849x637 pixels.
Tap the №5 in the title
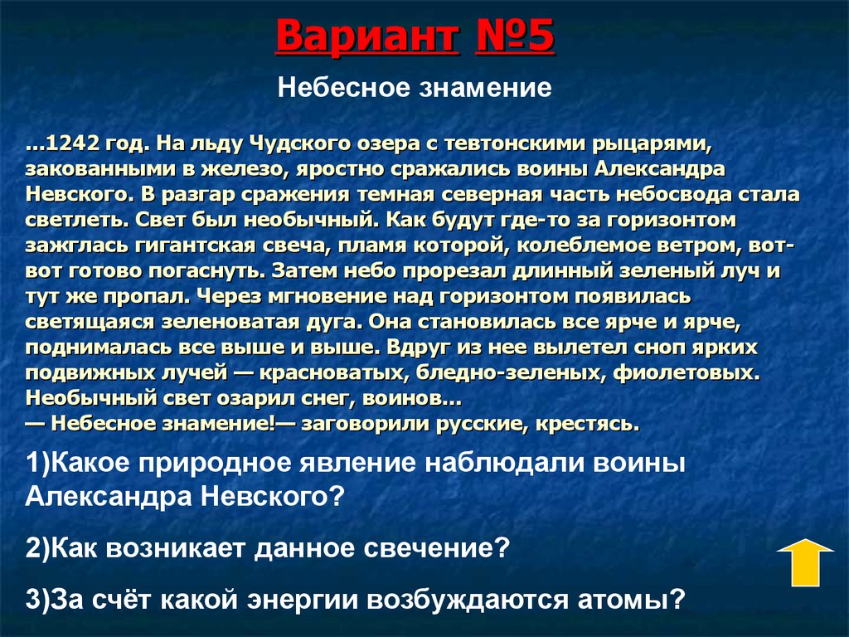pyautogui.click(x=515, y=38)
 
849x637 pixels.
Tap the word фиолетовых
pyautogui.click(x=685, y=371)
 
